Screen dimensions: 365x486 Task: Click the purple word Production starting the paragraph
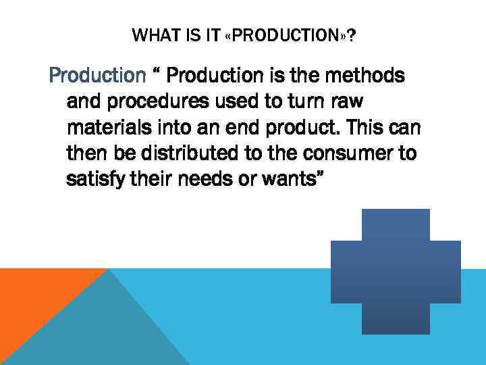tap(97, 75)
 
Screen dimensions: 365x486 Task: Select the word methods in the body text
tap(369, 75)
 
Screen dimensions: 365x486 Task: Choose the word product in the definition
tap(317, 128)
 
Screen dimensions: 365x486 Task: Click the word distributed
tap(178, 154)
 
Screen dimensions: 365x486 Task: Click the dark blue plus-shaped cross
tap(396, 270)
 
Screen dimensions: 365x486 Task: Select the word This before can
tap(382, 128)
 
